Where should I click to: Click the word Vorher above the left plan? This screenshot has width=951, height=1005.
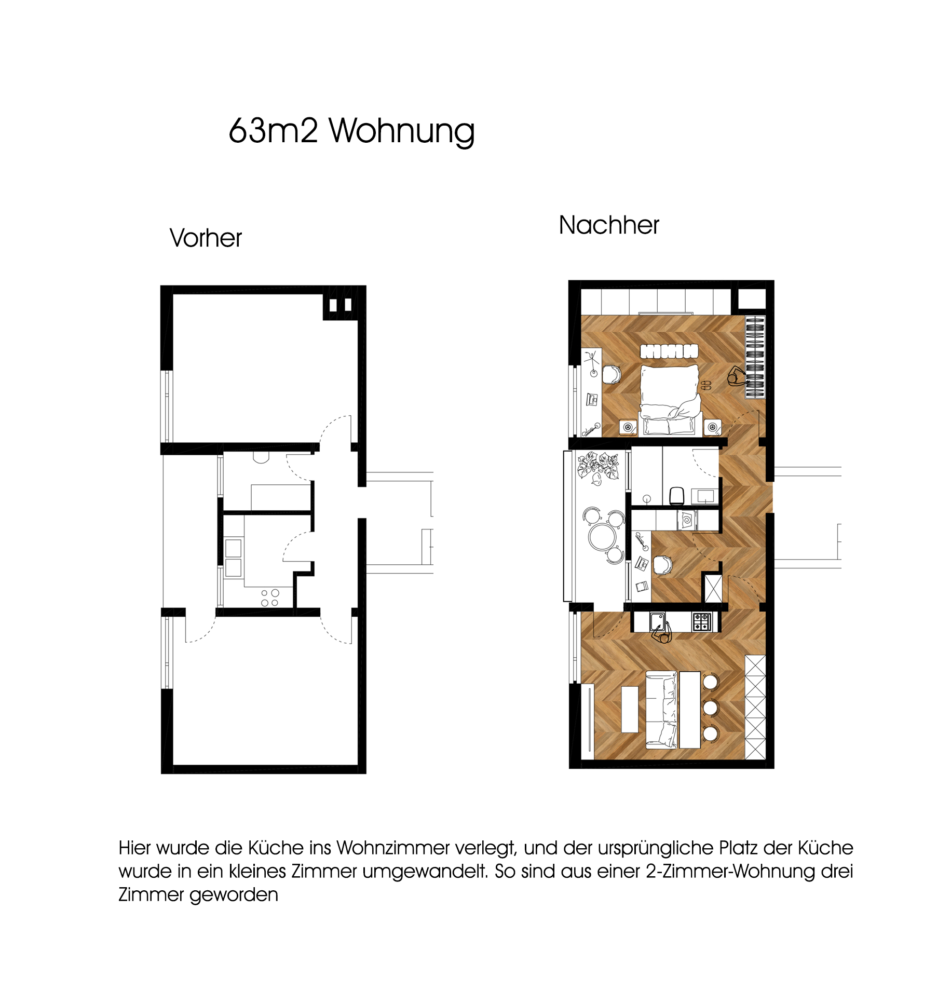click(206, 238)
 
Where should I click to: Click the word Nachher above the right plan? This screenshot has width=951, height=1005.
click(609, 225)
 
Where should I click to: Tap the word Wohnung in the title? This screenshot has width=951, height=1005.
click(402, 131)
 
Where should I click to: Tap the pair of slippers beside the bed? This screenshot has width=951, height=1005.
click(706, 385)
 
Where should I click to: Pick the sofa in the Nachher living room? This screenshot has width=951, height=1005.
click(661, 710)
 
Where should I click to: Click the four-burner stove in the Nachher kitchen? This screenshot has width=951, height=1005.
click(702, 621)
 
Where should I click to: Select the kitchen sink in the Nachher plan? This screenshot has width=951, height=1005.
click(658, 621)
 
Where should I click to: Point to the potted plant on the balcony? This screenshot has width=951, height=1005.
click(599, 467)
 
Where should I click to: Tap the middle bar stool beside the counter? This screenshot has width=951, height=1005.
click(711, 707)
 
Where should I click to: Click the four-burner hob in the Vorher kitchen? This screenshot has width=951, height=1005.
click(270, 597)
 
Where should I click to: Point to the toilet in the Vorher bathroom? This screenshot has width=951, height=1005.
click(261, 457)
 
